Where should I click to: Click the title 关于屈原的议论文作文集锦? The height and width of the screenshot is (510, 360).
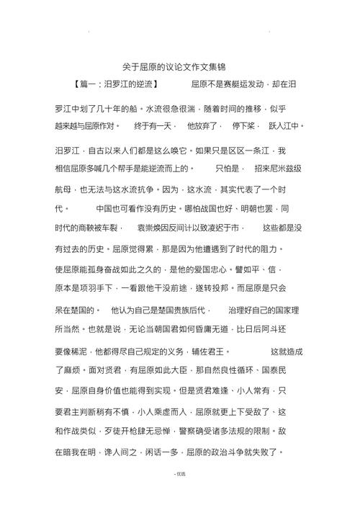coord(180,66)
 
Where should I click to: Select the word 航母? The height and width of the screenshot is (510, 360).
coord(63,189)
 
